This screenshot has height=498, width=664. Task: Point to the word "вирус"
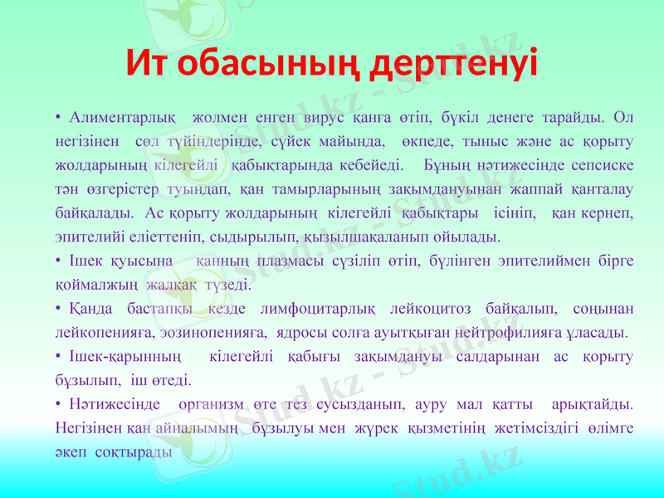pyautogui.click(x=330, y=114)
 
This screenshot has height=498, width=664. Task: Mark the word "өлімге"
pyautogui.click(x=608, y=429)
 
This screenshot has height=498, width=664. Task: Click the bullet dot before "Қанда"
pyautogui.click(x=59, y=310)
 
